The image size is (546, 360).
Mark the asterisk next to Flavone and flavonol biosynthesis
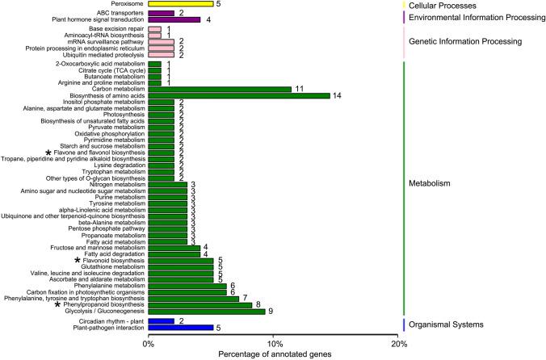[x=48, y=153]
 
